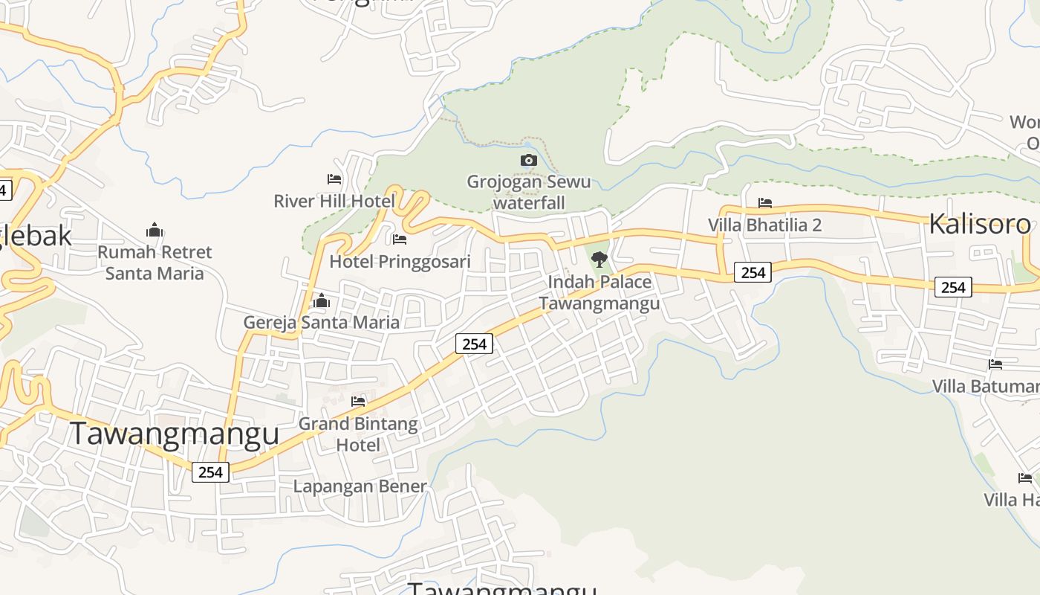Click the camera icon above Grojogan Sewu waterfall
coord(528,160)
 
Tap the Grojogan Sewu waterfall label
coord(529,192)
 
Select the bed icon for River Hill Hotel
coord(334,179)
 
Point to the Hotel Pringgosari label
coord(400,262)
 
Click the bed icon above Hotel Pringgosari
coord(400,239)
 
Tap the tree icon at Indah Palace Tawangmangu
coord(599,260)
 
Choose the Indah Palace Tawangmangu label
coord(599,292)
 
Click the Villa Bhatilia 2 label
coord(764,225)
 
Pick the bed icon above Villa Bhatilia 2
coord(765,203)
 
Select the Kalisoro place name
coord(980,224)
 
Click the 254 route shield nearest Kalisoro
coord(953,287)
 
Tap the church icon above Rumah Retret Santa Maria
coord(155,230)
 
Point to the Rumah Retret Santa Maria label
coord(155,263)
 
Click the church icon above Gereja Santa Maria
coord(322,301)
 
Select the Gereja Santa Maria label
coord(322,323)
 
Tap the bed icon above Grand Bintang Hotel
coord(358,402)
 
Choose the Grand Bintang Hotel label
coord(358,434)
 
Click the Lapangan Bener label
coord(360,486)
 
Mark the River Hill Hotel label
coord(334,201)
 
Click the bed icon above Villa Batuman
coord(995,364)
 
